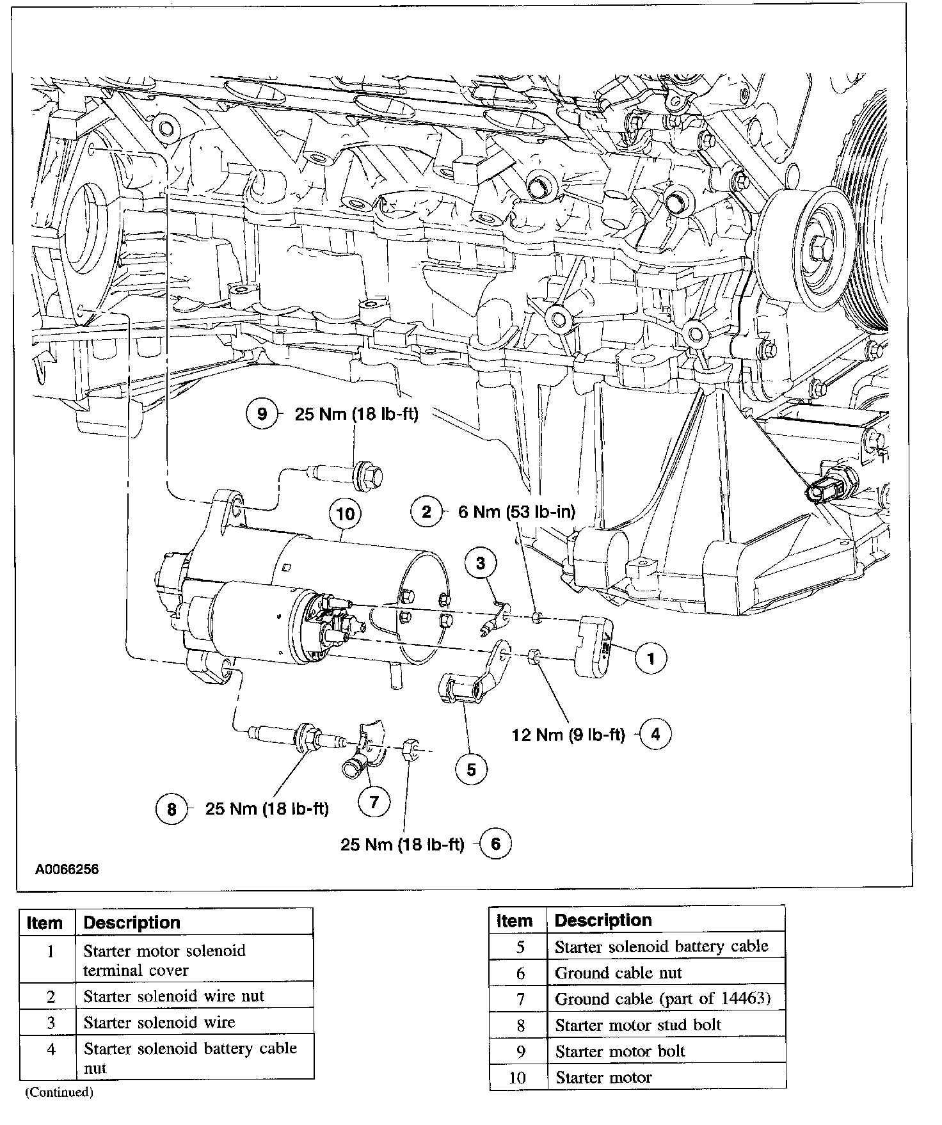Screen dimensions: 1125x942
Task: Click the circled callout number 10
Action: [x=345, y=514]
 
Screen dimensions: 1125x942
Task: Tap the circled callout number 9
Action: [x=262, y=413]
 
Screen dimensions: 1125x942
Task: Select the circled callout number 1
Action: [x=651, y=658]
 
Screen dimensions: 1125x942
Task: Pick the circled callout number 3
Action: [x=480, y=563]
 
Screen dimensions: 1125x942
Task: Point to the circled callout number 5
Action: [x=471, y=769]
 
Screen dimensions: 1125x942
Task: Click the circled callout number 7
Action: [x=374, y=801]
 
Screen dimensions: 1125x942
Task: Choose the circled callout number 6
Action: [x=495, y=844]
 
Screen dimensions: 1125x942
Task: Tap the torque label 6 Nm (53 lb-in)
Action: [x=516, y=511]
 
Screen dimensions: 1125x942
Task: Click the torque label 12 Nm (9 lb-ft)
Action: [x=568, y=735]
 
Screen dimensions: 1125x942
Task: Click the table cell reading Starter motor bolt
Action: [x=619, y=1051]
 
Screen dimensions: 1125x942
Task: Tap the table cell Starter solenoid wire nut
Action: [x=173, y=996]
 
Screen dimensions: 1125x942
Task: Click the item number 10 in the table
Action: [x=517, y=1078]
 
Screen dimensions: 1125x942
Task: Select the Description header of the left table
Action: [x=132, y=923]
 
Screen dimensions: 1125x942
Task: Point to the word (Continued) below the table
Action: [x=59, y=1092]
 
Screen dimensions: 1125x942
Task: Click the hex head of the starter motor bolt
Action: [x=369, y=474]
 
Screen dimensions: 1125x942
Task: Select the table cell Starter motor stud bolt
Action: [x=637, y=1025]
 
